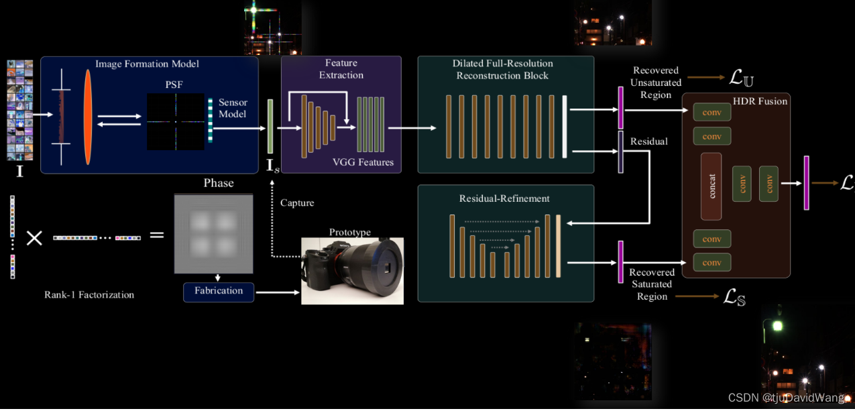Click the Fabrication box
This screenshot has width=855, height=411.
point(219,292)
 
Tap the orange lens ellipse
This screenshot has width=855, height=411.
point(88,117)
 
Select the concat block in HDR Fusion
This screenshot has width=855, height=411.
point(711,186)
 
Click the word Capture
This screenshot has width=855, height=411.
point(297,202)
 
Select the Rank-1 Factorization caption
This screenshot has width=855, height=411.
point(89,294)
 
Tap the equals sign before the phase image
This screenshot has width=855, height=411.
point(156,235)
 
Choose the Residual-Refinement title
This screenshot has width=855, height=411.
point(504,198)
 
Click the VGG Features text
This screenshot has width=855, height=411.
point(363,162)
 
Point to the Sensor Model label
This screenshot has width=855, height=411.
point(233,108)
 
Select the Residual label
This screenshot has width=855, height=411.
point(648,141)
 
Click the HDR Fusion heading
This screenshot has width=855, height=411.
point(760,101)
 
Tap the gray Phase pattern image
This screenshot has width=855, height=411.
point(214,233)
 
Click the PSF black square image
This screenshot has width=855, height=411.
point(176,121)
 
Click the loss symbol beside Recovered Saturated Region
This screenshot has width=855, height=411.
point(735,297)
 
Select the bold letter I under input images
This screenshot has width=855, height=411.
point(19,172)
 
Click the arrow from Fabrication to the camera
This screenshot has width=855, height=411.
point(278,292)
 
